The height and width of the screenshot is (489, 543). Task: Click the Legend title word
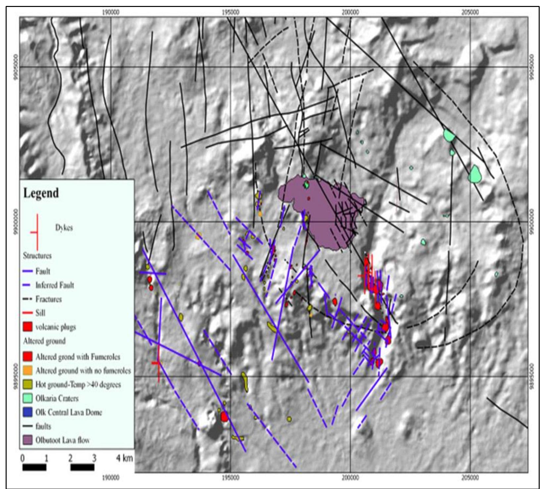point(41,193)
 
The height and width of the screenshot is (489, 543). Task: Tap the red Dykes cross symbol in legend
point(37,232)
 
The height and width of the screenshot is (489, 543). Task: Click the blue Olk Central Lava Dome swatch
point(28,412)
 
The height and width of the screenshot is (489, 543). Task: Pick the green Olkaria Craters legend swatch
point(28,399)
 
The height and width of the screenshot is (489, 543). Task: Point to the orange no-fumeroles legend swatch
point(28,371)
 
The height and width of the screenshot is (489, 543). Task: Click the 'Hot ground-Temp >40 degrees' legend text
point(78,385)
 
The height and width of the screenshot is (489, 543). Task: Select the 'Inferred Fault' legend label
point(55,285)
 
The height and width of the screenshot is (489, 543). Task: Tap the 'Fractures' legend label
point(49,299)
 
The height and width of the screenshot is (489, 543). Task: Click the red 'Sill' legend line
point(27,313)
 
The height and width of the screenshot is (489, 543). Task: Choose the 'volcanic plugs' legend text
point(56,327)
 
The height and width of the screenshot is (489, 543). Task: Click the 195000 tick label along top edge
point(230,13)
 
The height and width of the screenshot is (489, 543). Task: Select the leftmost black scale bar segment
point(34,467)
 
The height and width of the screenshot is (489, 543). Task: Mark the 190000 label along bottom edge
point(111,477)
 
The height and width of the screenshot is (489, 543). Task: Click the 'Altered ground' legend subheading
point(44,341)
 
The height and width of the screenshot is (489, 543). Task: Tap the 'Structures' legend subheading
point(37,256)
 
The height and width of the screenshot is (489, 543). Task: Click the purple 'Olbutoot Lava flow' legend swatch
point(28,440)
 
